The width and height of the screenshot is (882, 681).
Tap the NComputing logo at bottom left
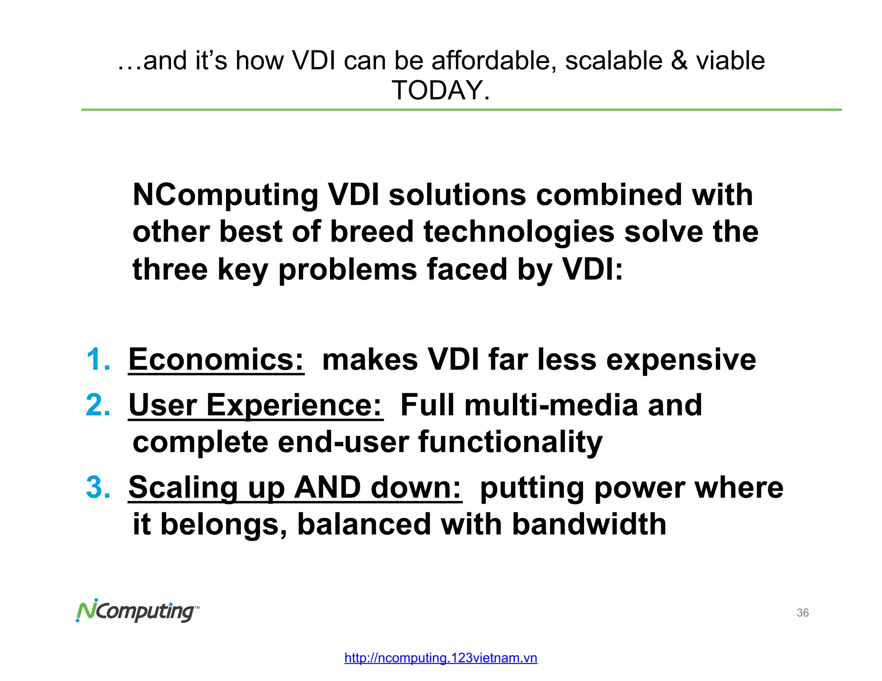point(137,611)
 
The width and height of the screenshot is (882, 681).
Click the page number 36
point(802,613)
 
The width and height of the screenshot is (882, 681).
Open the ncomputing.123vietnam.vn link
point(441,658)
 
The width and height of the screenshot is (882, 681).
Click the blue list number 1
point(98,359)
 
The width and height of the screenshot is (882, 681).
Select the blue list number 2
point(98,405)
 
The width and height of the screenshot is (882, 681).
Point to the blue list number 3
point(98,487)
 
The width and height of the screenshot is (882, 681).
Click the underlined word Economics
point(216,359)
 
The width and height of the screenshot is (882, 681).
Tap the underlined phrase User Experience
point(255,406)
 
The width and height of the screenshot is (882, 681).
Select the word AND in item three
point(327,487)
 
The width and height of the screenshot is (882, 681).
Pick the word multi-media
point(551,405)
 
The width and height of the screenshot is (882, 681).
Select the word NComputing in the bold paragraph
point(225,195)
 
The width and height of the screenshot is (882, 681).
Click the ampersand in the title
point(679,60)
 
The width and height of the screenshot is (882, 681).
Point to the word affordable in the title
point(491,60)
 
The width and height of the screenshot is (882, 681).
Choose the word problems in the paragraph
point(348,270)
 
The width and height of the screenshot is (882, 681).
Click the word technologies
point(519,232)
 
